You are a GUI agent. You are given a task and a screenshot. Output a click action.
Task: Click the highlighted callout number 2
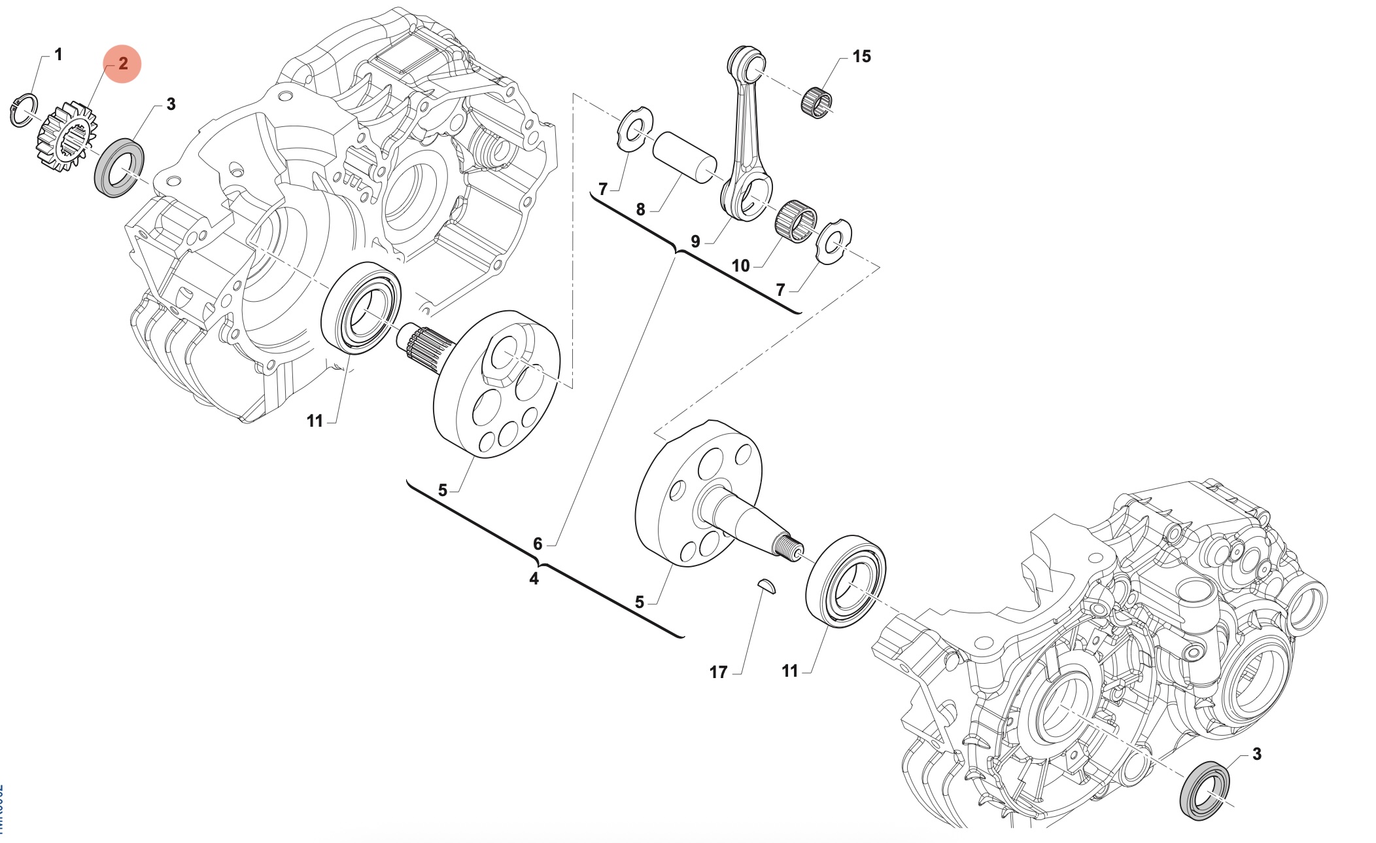pos(122,64)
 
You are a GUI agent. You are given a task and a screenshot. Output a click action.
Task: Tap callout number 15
pos(861,57)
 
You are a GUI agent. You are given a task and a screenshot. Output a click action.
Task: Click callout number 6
pos(538,544)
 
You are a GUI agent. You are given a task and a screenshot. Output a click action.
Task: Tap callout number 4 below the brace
pos(534,579)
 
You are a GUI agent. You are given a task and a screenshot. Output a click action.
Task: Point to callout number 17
pos(718,672)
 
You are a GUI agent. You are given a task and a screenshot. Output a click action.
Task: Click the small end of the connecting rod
pos(747,63)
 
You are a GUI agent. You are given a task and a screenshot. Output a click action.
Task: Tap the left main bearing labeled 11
pos(361,308)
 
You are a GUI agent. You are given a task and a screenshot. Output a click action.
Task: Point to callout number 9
pos(695,242)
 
